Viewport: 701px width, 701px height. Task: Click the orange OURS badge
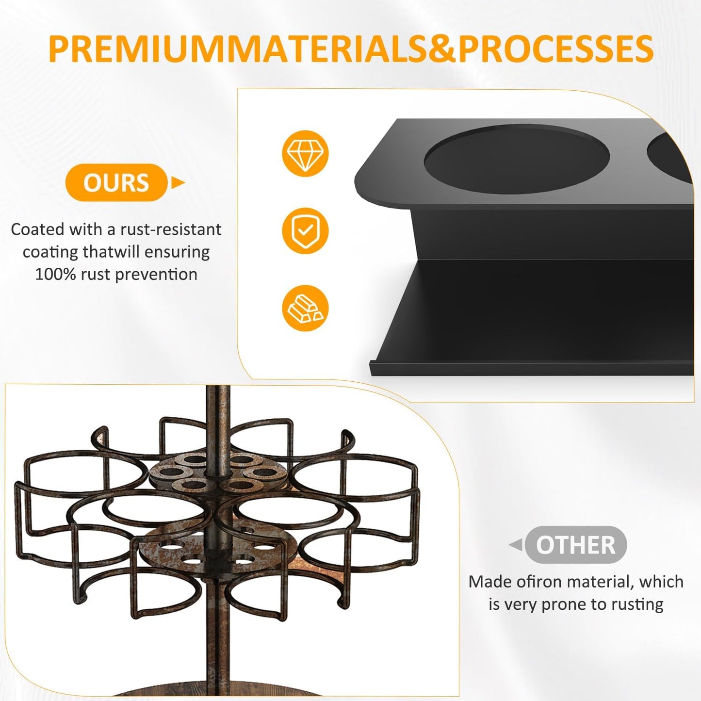[x=116, y=182]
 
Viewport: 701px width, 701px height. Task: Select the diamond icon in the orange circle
[x=305, y=153]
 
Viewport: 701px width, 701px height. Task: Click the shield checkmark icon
[x=305, y=230]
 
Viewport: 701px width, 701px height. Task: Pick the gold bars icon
[x=305, y=308]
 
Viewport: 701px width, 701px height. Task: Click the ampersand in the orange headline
[x=442, y=49]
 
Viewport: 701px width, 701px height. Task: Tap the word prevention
[x=156, y=275]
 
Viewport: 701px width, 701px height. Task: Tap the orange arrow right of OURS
[x=178, y=182]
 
